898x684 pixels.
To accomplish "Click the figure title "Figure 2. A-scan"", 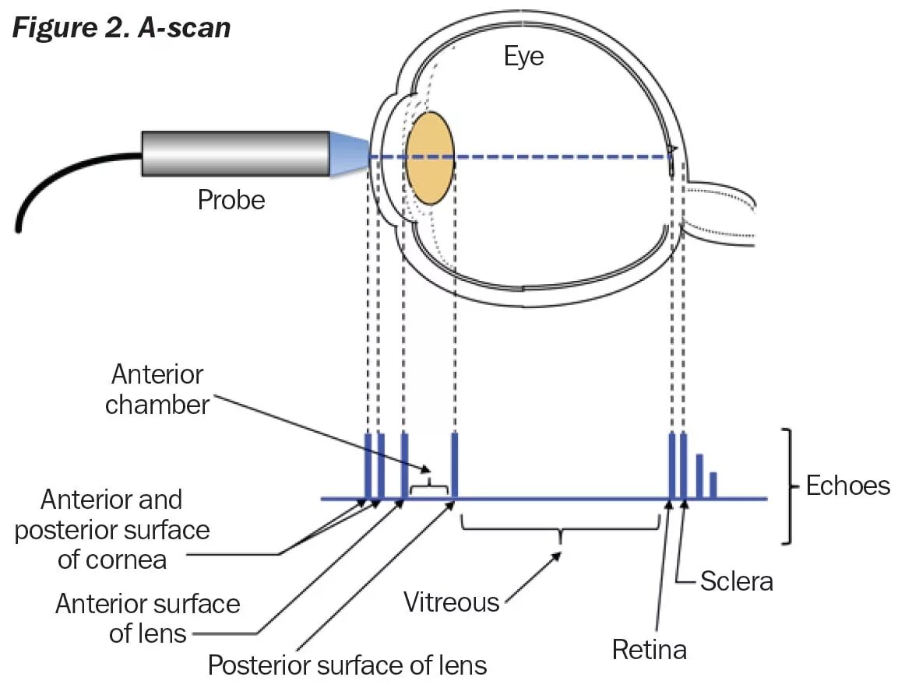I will pyautogui.click(x=121, y=27).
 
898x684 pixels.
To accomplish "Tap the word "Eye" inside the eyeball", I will pyautogui.click(x=523, y=56).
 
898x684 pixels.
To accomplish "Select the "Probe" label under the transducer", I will pyautogui.click(x=231, y=200).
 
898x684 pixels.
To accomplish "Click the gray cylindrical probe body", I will pyautogui.click(x=234, y=153).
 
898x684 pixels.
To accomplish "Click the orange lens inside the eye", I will pyautogui.click(x=429, y=158).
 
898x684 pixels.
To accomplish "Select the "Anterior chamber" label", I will pyautogui.click(x=157, y=389).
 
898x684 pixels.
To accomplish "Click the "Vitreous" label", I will pyautogui.click(x=451, y=601).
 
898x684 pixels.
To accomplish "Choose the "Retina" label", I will pyautogui.click(x=649, y=649).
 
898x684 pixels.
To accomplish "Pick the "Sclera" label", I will pyautogui.click(x=736, y=581).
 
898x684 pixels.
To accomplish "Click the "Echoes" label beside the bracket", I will pyautogui.click(x=847, y=486).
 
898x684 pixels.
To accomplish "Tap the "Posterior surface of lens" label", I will pyautogui.click(x=347, y=665).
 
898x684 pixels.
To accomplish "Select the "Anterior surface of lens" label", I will pyautogui.click(x=147, y=619).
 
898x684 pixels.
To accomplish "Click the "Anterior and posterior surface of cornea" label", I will pyautogui.click(x=112, y=529).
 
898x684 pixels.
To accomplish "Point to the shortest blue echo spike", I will pyautogui.click(x=713, y=485).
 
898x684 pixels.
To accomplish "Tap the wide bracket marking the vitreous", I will pyautogui.click(x=560, y=528).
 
